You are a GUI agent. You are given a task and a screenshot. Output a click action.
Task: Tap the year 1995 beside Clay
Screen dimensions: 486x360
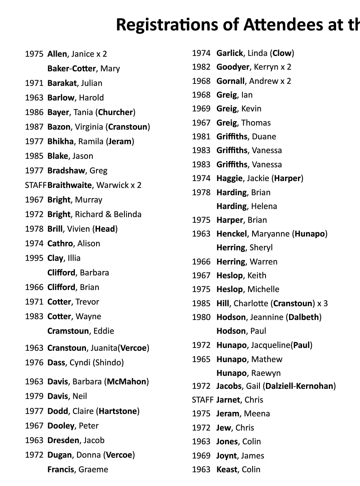pos(34,258)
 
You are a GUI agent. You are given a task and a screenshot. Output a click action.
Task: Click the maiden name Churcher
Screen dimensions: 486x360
pos(116,112)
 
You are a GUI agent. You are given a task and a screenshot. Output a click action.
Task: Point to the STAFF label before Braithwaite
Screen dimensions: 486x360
pos(36,185)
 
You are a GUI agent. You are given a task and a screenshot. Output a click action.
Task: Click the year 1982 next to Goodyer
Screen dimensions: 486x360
pos(201,67)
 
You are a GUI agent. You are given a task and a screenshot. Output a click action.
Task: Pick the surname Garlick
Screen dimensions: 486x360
pos(229,53)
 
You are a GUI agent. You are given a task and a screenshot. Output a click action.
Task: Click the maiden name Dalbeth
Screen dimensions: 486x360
pos(304,317)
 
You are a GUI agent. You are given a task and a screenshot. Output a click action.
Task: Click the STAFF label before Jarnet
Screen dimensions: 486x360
pos(202,400)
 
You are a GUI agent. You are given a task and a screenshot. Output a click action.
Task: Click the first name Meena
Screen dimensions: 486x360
pos(257,414)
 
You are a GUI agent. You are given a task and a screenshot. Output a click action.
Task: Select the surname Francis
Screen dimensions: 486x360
pos(61,469)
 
